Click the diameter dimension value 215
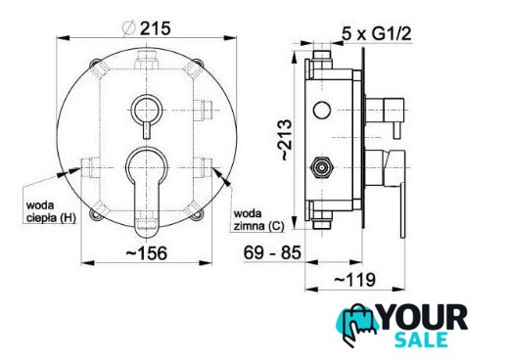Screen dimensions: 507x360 pyautogui.click(x=156, y=28)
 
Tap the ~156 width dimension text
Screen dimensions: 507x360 pyautogui.click(x=147, y=253)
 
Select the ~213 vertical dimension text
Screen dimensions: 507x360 pyautogui.click(x=286, y=140)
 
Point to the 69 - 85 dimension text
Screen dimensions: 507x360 pyautogui.click(x=272, y=252)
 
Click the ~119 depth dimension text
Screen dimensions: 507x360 pyautogui.click(x=355, y=280)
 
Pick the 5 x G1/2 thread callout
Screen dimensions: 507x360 pyautogui.click(x=377, y=33)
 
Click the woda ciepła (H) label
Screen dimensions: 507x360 pyautogui.click(x=51, y=211)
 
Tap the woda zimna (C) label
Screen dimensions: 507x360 pyautogui.click(x=258, y=220)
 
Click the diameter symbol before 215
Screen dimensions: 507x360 pyautogui.click(x=128, y=28)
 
